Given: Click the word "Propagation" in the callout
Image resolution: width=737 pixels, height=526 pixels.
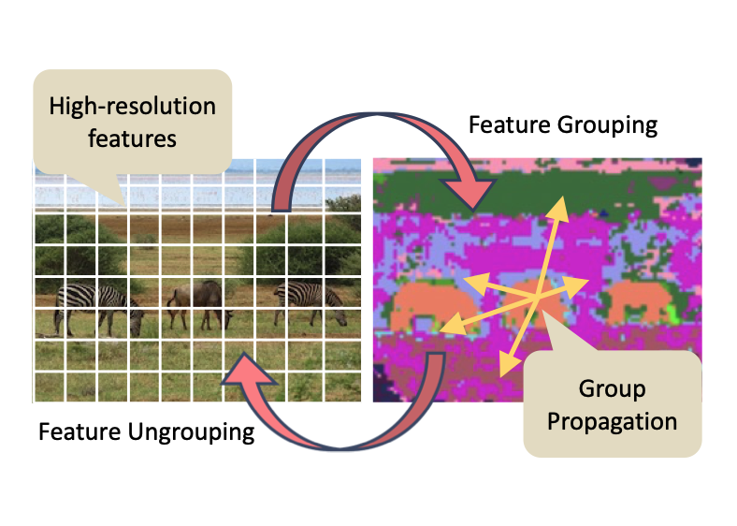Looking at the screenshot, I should (612, 421).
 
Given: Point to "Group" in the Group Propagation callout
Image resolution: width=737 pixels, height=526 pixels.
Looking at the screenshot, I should (612, 387).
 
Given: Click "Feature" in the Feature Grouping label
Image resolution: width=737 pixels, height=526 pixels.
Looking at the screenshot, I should (509, 124).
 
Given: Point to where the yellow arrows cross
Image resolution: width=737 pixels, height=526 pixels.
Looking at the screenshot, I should (531, 299).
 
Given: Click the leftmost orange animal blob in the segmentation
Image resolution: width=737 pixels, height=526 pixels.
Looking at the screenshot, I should (426, 308).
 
